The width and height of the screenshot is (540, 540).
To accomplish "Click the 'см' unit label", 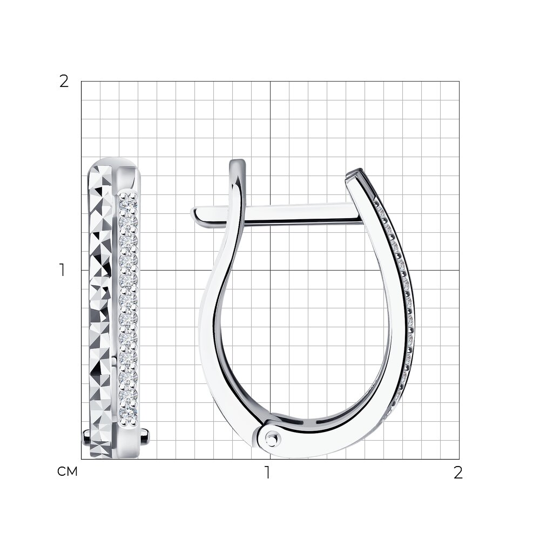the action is [x=67, y=471].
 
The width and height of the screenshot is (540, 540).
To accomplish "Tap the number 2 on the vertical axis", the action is [x=64, y=82].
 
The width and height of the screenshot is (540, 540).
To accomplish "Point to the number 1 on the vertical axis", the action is [x=62, y=270].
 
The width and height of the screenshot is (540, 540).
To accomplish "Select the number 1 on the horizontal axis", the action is [x=267, y=473].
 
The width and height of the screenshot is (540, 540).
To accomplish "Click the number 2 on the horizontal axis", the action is [x=458, y=473].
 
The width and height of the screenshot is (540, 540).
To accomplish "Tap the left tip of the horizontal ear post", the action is [x=193, y=213].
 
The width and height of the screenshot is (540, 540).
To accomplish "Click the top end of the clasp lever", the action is [x=238, y=162].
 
